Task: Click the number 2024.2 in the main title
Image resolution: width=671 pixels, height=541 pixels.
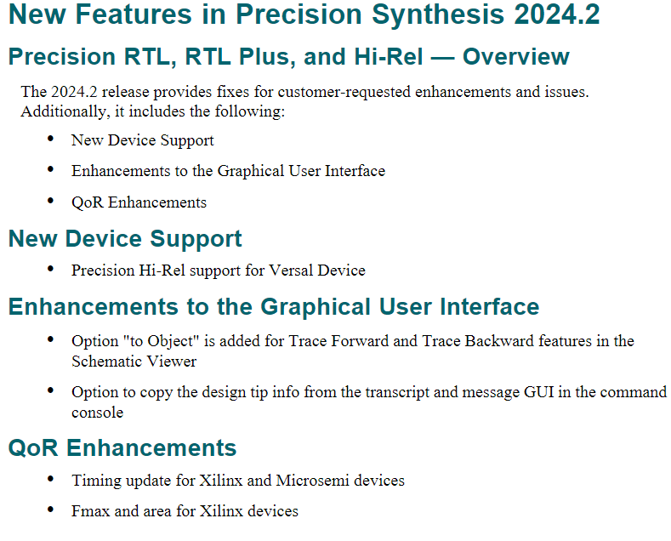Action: tap(557, 14)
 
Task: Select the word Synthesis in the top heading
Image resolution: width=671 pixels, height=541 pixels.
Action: tap(438, 15)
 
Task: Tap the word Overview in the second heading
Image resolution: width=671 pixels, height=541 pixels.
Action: tap(515, 56)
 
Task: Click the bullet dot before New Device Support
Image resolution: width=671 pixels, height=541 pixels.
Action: tap(50, 139)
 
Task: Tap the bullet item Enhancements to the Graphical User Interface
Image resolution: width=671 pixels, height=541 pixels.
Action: tap(228, 171)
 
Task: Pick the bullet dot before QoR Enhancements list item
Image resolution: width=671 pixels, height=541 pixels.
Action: tap(50, 200)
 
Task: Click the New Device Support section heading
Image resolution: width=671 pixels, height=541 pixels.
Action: tap(125, 239)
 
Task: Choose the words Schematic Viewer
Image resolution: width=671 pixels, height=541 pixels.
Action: tap(134, 362)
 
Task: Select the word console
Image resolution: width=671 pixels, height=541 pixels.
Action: tap(97, 413)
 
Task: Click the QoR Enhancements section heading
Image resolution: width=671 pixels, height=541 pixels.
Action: tap(122, 448)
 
